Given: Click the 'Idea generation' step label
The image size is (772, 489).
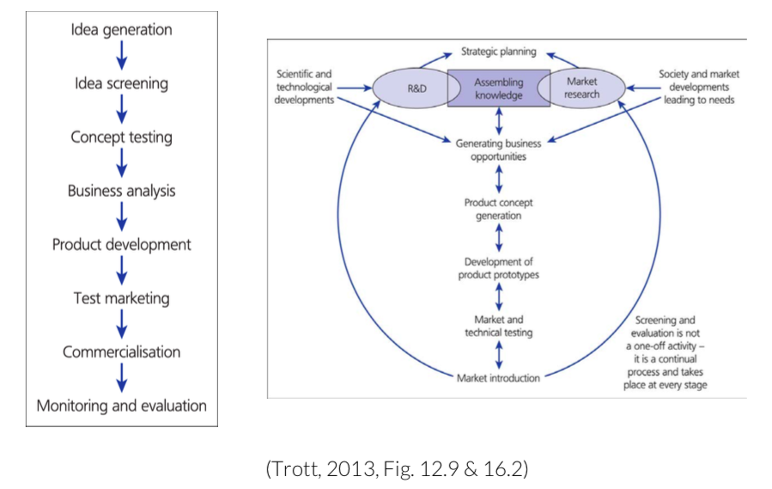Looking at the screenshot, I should click(121, 29).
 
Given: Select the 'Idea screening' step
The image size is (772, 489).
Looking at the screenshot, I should click(121, 83).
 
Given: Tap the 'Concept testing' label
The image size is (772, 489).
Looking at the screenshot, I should click(121, 138).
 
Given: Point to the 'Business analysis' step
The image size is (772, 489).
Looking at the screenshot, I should click(121, 191).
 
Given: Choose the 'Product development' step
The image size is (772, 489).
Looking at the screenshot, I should click(121, 245).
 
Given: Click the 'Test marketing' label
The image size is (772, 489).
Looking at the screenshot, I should click(121, 298).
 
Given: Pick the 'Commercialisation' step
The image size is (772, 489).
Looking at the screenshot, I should click(121, 352).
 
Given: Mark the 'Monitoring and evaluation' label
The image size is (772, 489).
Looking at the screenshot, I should click(121, 406).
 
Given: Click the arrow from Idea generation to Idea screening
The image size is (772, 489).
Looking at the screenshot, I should click(121, 56).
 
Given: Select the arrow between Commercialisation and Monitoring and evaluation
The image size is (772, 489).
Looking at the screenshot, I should click(121, 378).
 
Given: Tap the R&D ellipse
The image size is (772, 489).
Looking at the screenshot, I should click(411, 89).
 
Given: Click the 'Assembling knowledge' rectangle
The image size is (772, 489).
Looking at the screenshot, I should click(498, 89).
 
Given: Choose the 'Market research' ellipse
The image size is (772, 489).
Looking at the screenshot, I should click(582, 89).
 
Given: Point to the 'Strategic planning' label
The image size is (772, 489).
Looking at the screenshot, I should click(498, 52).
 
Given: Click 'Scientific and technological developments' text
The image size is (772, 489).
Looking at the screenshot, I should click(303, 87).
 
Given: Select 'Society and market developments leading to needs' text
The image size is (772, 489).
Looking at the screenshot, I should click(698, 87).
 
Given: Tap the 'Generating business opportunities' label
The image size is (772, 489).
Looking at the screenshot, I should click(498, 150).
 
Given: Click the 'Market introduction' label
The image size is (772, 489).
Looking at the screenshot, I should click(498, 377).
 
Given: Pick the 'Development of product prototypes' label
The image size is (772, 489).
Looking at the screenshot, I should click(498, 268).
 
